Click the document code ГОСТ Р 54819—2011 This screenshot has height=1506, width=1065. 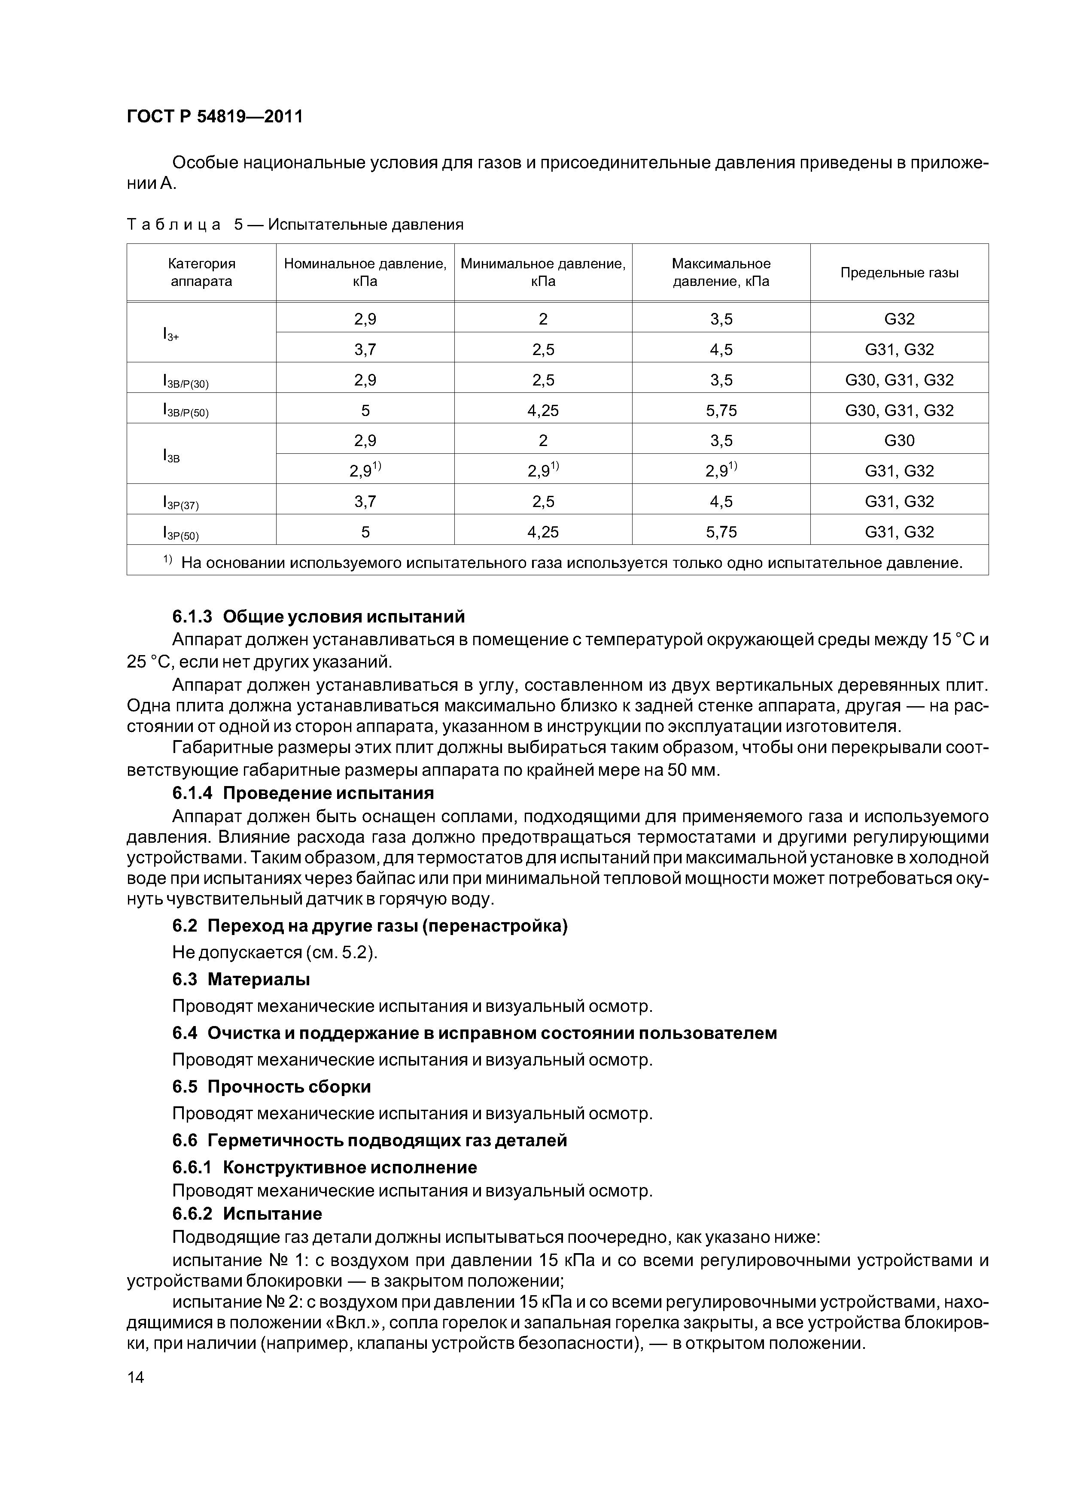tap(215, 117)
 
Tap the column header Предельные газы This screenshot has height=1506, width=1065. tap(899, 273)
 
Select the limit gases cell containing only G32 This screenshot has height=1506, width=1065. tap(899, 319)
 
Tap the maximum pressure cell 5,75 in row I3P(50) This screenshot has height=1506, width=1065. tap(721, 532)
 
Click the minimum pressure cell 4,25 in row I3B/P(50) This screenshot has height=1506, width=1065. tap(543, 410)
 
